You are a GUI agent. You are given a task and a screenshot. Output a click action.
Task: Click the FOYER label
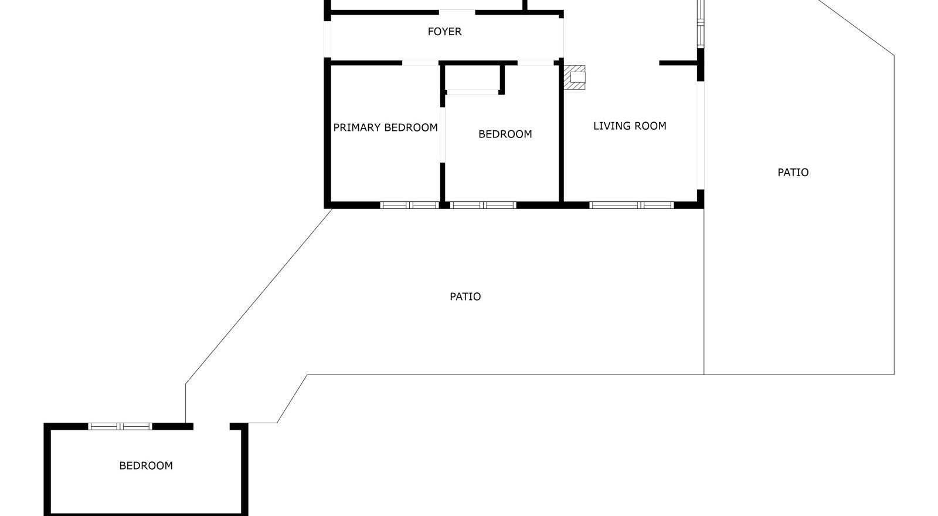tap(444, 32)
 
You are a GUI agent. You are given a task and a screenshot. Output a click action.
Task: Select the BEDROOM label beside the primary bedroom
tap(505, 134)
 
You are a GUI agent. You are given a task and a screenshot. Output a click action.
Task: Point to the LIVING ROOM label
tap(630, 126)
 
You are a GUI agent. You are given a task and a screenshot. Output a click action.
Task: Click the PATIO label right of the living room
tap(793, 172)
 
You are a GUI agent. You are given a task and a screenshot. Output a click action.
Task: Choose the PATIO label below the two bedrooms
tap(465, 296)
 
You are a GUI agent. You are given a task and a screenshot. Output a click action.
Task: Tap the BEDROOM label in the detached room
tap(146, 466)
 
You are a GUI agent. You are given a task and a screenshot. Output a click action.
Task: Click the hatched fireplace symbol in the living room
tap(575, 77)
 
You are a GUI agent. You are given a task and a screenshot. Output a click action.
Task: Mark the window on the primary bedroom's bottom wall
tap(409, 205)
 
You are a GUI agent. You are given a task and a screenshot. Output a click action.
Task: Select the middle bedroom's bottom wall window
tap(483, 205)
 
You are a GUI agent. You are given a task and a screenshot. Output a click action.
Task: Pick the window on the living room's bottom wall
tap(631, 205)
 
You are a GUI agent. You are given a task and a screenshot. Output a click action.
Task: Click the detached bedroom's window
tap(120, 426)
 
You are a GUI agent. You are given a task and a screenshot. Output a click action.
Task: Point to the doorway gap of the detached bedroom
tap(211, 426)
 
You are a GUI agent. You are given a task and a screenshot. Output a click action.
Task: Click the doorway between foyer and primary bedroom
tap(420, 63)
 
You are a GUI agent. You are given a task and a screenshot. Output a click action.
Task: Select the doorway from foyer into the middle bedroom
tap(535, 63)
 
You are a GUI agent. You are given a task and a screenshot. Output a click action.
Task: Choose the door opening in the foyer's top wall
tap(457, 12)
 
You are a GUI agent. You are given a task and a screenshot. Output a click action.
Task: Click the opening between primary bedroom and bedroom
tap(443, 135)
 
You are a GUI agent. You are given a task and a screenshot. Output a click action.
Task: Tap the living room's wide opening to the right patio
tap(700, 135)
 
